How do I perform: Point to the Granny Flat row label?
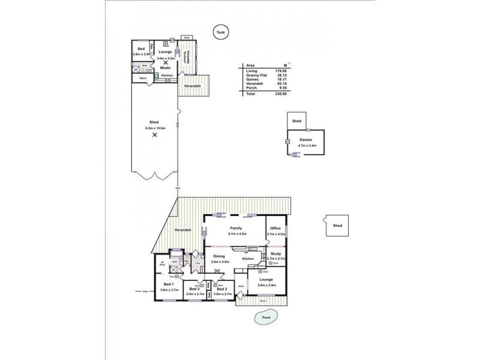click(x=255, y=76)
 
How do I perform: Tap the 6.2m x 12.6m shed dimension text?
click(x=155, y=128)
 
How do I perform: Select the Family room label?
click(x=235, y=228)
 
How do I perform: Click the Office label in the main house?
click(x=275, y=228)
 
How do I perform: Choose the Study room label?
click(x=275, y=254)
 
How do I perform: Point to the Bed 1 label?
click(x=169, y=284)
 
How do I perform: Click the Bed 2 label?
click(x=221, y=289)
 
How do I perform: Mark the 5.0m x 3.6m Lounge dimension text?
click(x=266, y=285)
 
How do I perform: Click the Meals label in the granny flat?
click(x=165, y=68)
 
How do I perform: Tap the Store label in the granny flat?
click(x=143, y=78)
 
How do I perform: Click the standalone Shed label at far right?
click(x=337, y=226)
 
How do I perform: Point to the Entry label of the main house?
click(x=242, y=286)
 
